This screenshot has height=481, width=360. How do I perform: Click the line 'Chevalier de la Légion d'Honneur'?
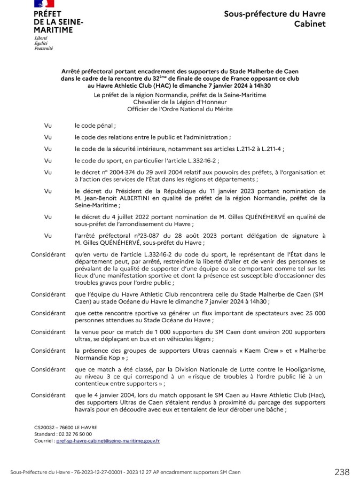click(179, 102)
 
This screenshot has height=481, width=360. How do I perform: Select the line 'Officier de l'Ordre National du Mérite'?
click(179, 109)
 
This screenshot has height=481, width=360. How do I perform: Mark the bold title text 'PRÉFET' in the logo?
click(47, 13)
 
